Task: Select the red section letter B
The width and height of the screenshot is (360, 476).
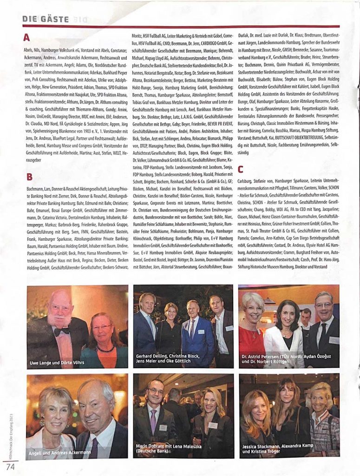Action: (x=29, y=177)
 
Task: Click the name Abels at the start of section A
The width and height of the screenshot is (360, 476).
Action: (x=28, y=48)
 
